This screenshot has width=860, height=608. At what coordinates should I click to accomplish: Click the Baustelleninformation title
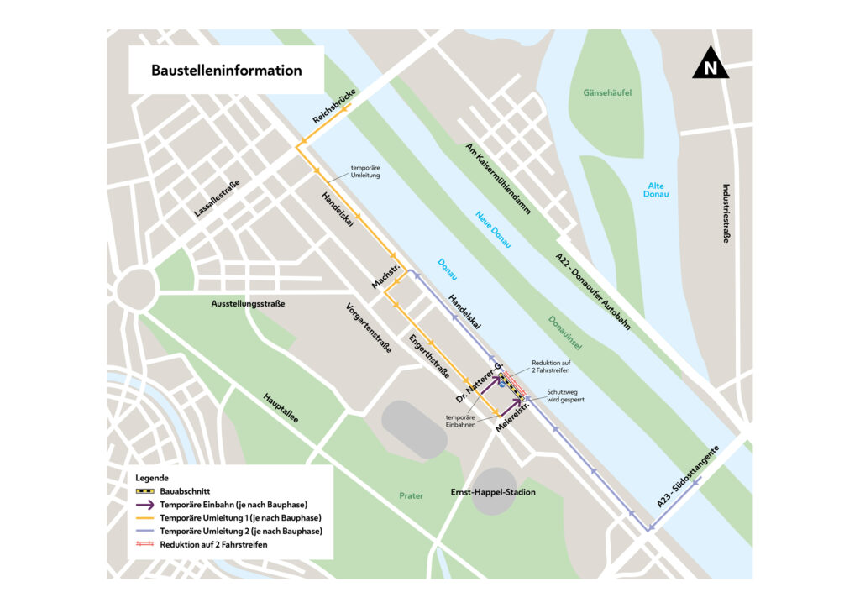point(226,71)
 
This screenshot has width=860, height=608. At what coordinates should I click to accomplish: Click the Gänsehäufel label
point(606,92)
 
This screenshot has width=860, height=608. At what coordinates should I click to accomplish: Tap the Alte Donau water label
point(658,190)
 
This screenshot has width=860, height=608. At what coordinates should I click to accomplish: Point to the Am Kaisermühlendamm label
point(498,179)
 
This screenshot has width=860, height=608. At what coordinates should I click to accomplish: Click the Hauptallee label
point(281,407)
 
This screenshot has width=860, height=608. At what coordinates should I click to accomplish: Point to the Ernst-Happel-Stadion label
point(492,492)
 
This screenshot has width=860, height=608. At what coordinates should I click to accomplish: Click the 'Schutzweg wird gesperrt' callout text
point(565,396)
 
